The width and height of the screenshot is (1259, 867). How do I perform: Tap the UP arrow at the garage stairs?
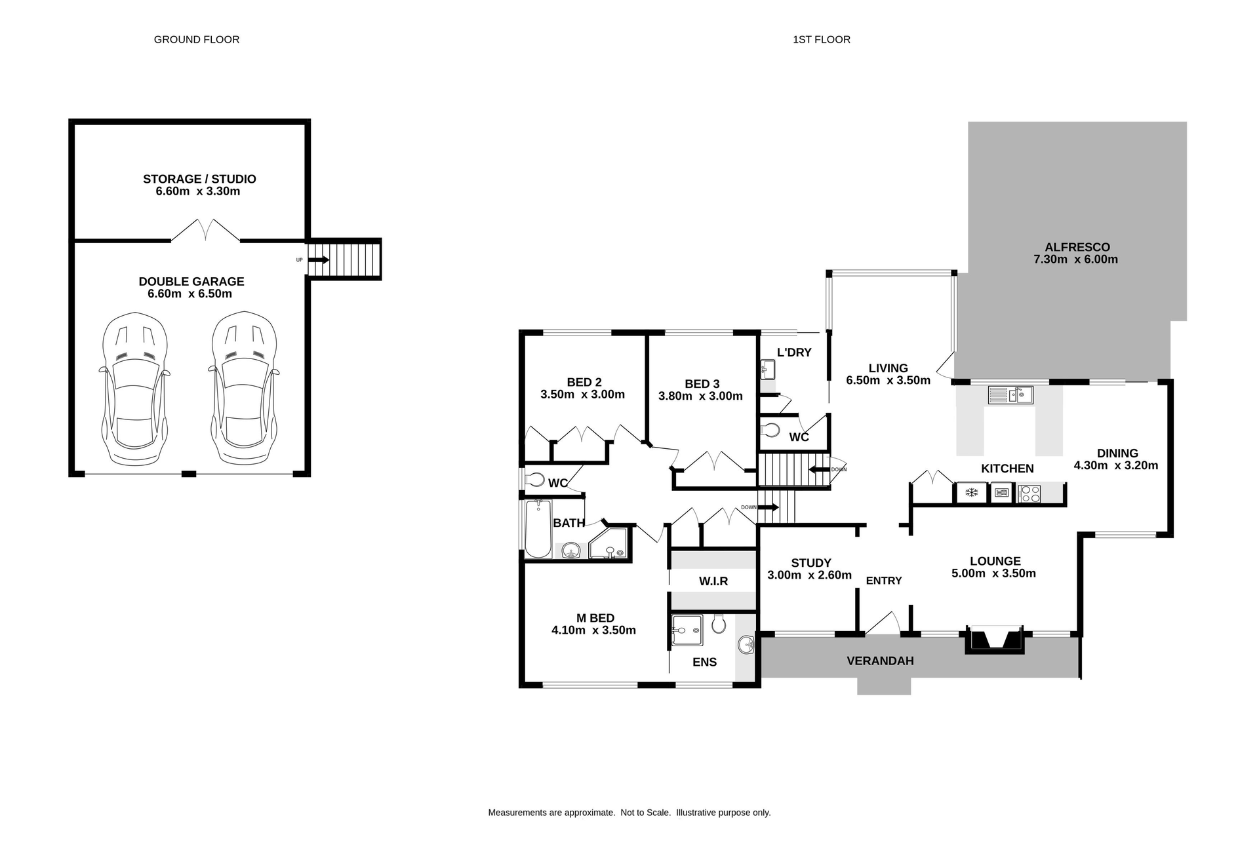[x=318, y=260]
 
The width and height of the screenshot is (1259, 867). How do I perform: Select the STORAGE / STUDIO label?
[x=199, y=179]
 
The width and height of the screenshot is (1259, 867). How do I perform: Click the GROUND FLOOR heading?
[x=197, y=39]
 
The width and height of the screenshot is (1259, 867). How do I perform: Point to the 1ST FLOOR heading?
[x=821, y=39]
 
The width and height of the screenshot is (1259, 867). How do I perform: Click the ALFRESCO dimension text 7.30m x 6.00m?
[x=1075, y=260]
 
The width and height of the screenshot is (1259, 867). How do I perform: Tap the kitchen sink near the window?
[x=1010, y=395]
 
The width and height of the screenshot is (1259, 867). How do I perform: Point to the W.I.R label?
[x=713, y=581]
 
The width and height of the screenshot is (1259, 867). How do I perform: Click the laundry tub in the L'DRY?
[x=767, y=370]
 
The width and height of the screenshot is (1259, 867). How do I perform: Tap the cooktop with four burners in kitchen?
[x=1029, y=493]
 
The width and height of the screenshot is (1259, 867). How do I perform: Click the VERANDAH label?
[x=880, y=661]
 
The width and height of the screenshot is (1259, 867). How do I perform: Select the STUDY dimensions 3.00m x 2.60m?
[x=809, y=575]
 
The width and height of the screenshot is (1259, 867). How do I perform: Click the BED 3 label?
[x=702, y=384]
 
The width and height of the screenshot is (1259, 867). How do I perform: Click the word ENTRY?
[x=883, y=581]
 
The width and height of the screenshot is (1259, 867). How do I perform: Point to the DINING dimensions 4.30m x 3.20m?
[x=1115, y=466]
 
